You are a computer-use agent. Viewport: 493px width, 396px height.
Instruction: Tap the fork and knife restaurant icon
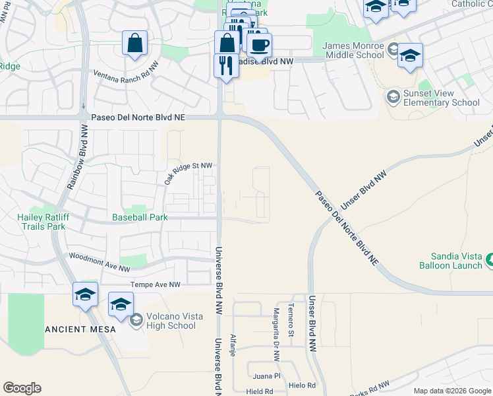click(225, 67)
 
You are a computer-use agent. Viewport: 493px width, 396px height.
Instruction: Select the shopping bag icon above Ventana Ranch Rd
click(134, 45)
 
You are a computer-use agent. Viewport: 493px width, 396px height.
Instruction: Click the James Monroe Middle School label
click(353, 51)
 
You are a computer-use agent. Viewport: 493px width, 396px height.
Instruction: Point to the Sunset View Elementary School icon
click(393, 98)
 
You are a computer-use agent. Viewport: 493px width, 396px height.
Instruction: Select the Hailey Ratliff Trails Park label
click(42, 221)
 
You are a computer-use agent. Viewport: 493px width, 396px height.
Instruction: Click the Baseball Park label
click(140, 217)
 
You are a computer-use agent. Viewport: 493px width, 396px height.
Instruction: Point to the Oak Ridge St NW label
click(188, 173)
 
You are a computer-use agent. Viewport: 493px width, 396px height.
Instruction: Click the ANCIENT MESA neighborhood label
click(80, 329)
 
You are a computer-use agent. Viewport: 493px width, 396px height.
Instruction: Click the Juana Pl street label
click(267, 376)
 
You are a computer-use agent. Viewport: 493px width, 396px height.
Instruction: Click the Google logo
click(22, 388)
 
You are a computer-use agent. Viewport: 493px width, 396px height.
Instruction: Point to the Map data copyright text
click(451, 391)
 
